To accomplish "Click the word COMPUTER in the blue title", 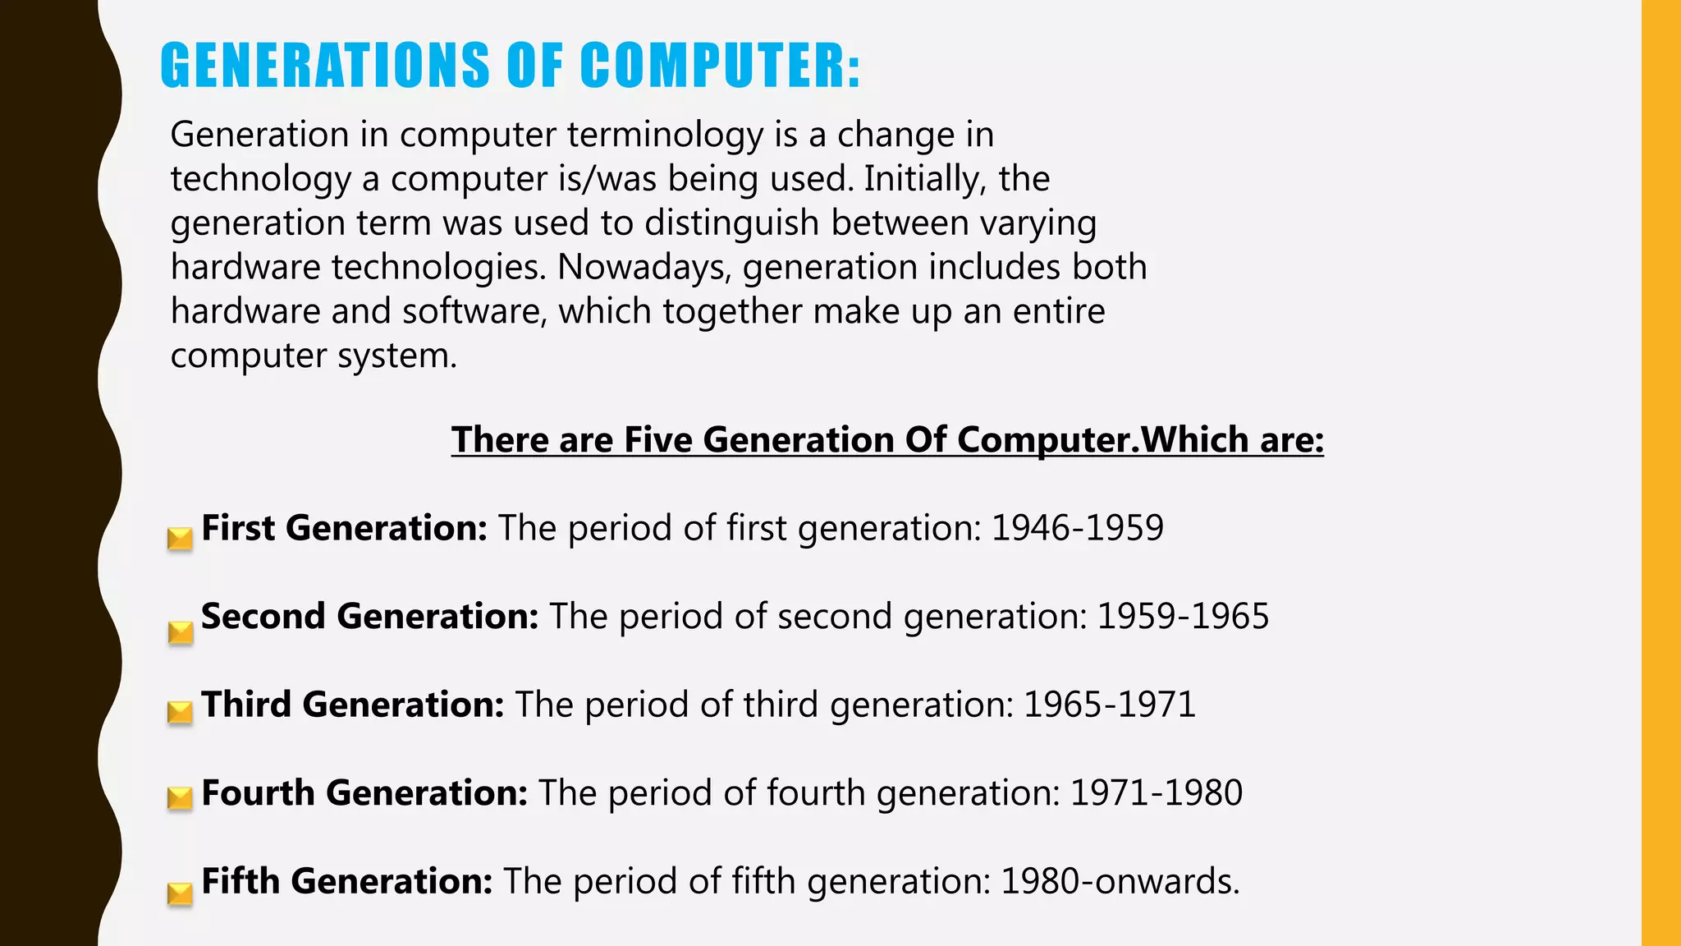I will (x=721, y=66).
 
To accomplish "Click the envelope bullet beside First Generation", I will (x=180, y=539).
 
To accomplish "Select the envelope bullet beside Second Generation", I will (x=180, y=632).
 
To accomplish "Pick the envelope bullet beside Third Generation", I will (x=180, y=712).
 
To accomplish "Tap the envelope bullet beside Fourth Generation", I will (x=180, y=798).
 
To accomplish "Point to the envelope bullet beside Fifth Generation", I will (x=180, y=893).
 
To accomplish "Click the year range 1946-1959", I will (x=1077, y=528).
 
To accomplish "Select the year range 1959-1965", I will (x=1183, y=617).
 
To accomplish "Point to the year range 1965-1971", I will (x=1110, y=705).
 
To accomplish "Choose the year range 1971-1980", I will (x=1157, y=793).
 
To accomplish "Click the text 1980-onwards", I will (x=1120, y=881).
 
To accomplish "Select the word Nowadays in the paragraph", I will (x=644, y=268).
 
